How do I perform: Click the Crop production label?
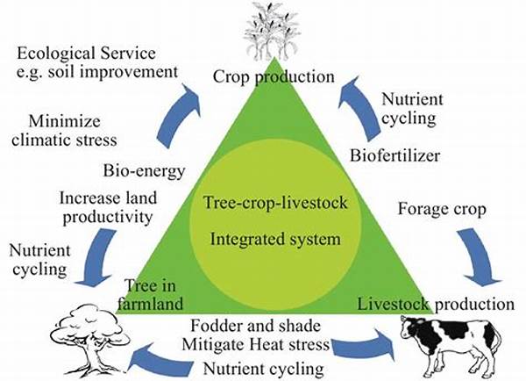tap(274, 76)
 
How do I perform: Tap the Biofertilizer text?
tap(394, 155)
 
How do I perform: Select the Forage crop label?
tap(442, 209)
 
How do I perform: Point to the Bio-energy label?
tap(144, 170)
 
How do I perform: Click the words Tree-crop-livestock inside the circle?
tap(275, 203)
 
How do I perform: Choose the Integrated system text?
tap(275, 239)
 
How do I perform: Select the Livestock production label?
tap(436, 304)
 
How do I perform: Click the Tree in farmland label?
tap(151, 295)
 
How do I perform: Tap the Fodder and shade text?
tap(256, 326)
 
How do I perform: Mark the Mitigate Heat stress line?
tap(256, 344)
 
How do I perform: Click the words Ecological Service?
tap(86, 54)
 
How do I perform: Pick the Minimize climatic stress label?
tap(64, 130)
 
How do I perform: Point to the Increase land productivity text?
tap(108, 207)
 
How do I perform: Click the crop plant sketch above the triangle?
tap(271, 30)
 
